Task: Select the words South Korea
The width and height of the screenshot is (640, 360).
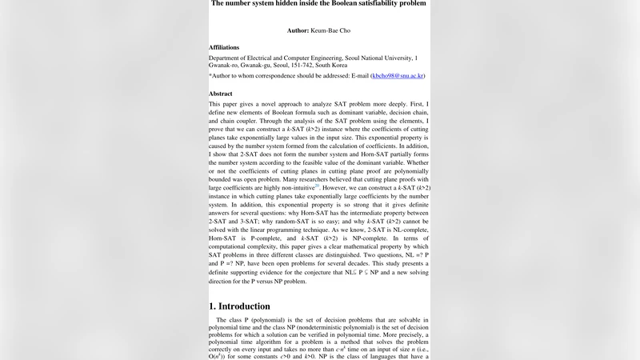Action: click(x=358, y=66)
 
